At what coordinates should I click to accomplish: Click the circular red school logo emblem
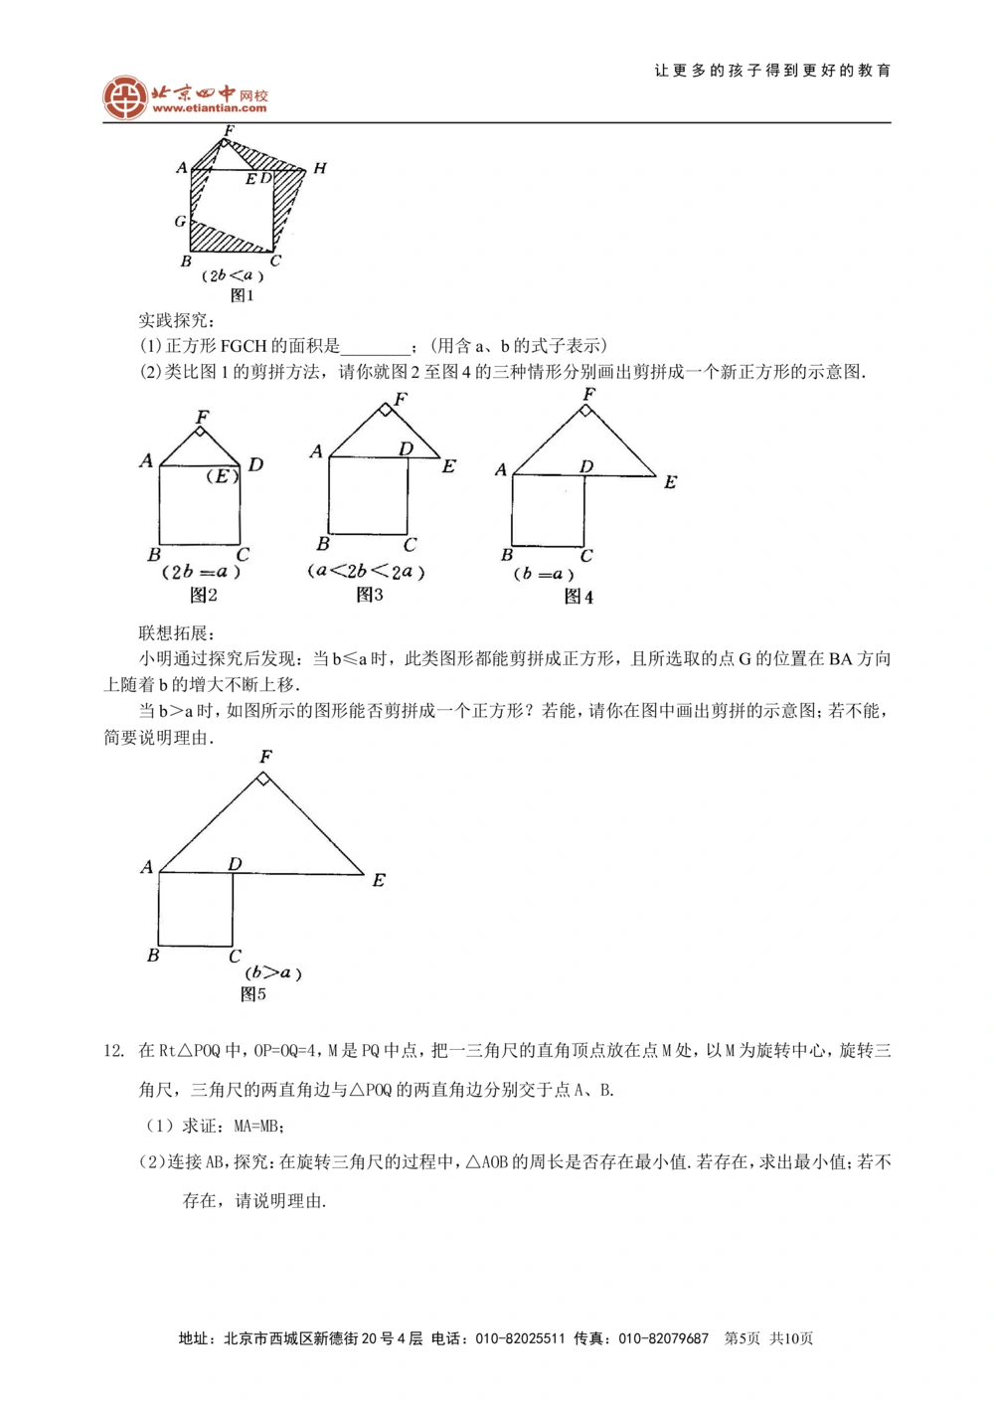tap(125, 97)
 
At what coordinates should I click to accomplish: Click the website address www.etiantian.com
tap(209, 108)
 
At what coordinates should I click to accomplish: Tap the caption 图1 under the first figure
tap(242, 295)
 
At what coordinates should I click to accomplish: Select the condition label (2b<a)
tap(233, 275)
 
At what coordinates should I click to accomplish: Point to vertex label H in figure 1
tap(319, 168)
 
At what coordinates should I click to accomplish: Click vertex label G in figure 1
tap(180, 221)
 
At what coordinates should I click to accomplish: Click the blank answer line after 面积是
tap(376, 347)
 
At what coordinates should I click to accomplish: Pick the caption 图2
tap(203, 595)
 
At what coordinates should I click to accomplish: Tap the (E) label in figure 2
tap(223, 475)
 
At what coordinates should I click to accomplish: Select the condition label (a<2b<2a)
tap(366, 572)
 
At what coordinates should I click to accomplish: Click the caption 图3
tap(369, 595)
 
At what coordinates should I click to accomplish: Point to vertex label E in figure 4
tap(670, 482)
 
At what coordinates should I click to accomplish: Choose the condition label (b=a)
tap(544, 574)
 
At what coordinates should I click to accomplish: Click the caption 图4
tap(579, 597)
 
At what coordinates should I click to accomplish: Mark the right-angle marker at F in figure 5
tap(262, 779)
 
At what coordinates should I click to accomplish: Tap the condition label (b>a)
tap(273, 972)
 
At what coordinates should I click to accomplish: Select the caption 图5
tap(253, 993)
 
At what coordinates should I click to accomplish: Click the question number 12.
tap(113, 1051)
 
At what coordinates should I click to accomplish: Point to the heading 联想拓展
tap(176, 633)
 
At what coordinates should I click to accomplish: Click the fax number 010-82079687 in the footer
tap(663, 1338)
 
